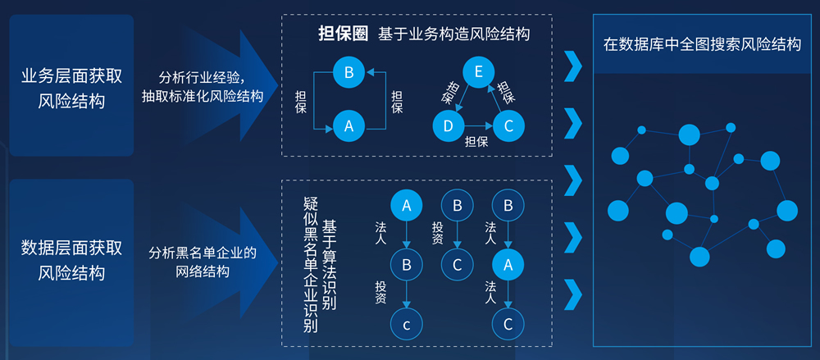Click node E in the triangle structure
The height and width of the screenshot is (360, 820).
(478, 73)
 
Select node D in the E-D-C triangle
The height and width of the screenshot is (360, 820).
(448, 125)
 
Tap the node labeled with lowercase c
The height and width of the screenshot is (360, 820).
(405, 323)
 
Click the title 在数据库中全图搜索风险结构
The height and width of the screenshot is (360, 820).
(702, 44)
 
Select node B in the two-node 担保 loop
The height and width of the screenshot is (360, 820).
(348, 73)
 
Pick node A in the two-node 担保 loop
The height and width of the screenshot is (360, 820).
(348, 126)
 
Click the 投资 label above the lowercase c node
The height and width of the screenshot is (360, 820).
(380, 293)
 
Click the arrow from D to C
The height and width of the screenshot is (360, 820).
(477, 126)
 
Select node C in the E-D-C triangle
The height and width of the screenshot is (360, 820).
(508, 125)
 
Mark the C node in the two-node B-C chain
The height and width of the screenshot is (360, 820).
(458, 263)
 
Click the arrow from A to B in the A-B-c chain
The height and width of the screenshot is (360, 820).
(405, 234)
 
